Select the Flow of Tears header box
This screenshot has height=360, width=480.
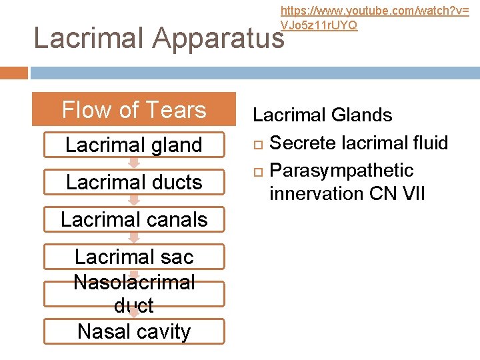134,109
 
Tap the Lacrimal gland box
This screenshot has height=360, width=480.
134,145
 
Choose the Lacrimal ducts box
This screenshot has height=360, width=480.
134,182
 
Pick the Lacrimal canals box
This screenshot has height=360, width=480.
134,219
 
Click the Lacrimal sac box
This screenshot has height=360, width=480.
134,256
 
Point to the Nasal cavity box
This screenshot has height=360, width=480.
134,331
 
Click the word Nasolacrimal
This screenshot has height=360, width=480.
134,282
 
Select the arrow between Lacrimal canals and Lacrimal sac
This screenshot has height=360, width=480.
134,237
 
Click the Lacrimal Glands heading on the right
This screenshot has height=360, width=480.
322,115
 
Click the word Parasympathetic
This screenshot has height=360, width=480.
341,171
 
